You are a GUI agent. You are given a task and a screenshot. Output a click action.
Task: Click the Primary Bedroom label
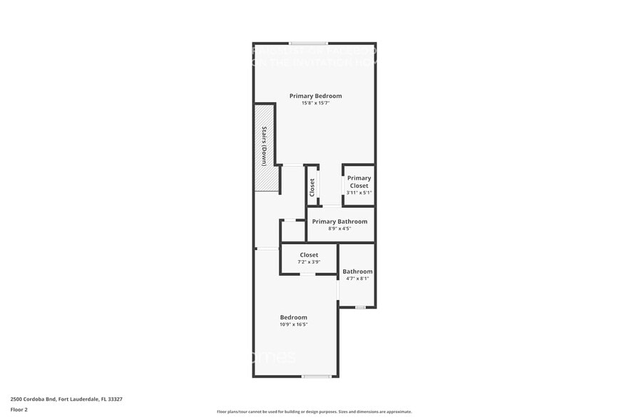(315, 96)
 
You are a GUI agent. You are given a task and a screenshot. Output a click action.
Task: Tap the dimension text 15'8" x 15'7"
(315, 103)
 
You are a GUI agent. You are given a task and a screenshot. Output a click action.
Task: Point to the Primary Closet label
(359, 181)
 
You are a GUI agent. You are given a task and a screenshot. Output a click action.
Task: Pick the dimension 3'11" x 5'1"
(359, 193)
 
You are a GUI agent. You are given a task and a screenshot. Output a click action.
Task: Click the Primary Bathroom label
(339, 221)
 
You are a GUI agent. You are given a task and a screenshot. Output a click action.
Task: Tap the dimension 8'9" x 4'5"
(339, 229)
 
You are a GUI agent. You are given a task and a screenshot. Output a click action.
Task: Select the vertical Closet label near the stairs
(312, 187)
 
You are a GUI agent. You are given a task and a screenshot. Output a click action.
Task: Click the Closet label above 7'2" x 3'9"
(309, 254)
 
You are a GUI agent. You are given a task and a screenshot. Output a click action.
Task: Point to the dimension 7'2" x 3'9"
(309, 261)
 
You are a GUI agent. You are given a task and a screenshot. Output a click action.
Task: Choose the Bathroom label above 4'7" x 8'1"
(357, 271)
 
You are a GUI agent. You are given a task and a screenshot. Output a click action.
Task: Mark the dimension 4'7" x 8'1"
(357, 279)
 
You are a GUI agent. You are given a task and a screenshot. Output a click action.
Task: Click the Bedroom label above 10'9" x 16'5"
(293, 317)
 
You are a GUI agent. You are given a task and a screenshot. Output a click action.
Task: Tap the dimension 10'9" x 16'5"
(293, 324)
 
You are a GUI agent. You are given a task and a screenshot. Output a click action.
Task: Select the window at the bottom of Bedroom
(316, 376)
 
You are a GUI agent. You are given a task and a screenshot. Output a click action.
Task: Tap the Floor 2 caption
(19, 409)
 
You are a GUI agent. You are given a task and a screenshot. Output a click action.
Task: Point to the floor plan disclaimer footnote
(314, 411)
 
